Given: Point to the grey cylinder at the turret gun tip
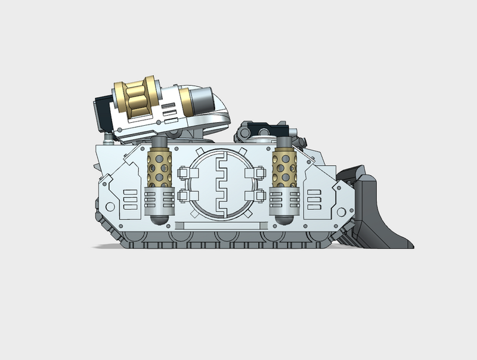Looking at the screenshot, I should tap(202, 100).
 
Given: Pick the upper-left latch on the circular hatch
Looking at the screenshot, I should tap(183, 173).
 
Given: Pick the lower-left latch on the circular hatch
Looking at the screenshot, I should tap(183, 195).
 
